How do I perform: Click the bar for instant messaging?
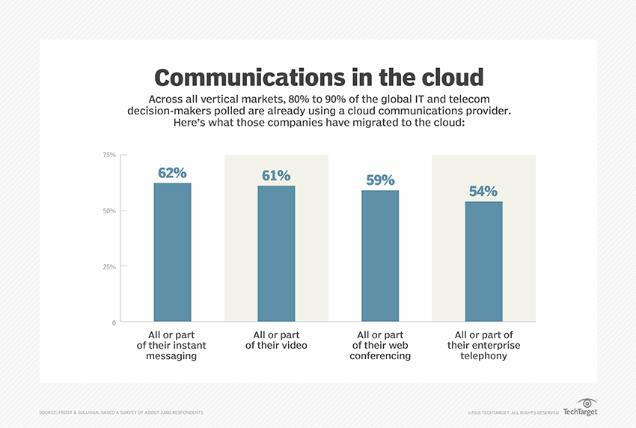click(x=172, y=253)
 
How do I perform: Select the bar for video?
click(x=276, y=254)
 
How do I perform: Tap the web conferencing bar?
click(x=380, y=257)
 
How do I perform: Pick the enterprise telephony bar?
click(x=484, y=262)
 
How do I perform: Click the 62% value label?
click(x=172, y=173)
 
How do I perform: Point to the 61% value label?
click(x=276, y=176)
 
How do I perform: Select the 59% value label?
click(x=380, y=180)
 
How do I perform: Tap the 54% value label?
click(x=483, y=192)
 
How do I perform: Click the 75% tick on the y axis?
click(x=108, y=155)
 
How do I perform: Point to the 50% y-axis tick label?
click(x=108, y=211)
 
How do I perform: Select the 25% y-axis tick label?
click(x=108, y=267)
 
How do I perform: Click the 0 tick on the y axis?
click(x=114, y=323)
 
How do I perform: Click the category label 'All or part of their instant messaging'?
click(x=171, y=345)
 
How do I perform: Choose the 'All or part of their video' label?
click(x=276, y=340)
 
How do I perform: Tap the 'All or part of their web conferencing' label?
click(x=381, y=345)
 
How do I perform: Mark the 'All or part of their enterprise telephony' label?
click(x=483, y=345)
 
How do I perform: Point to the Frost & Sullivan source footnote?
click(x=120, y=412)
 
